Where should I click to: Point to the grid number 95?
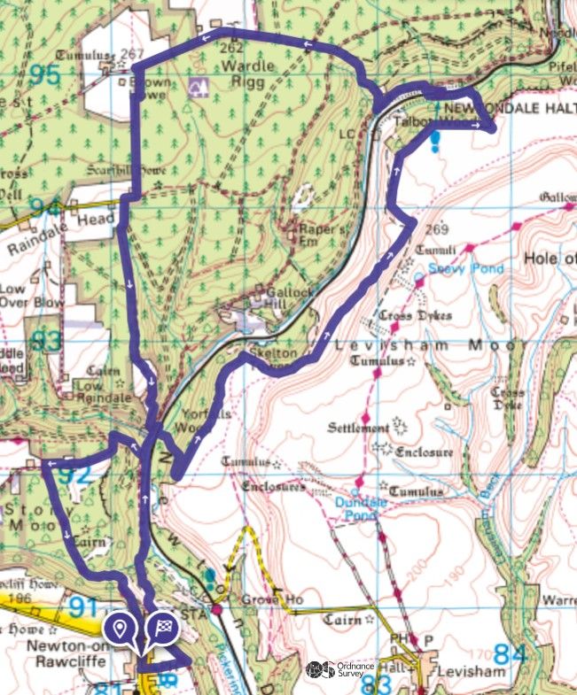point(43,74)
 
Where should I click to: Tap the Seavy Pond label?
point(465,268)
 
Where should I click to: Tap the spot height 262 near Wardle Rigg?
point(231,48)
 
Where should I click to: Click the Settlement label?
point(358,429)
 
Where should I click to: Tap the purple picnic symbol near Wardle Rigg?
point(198,86)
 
